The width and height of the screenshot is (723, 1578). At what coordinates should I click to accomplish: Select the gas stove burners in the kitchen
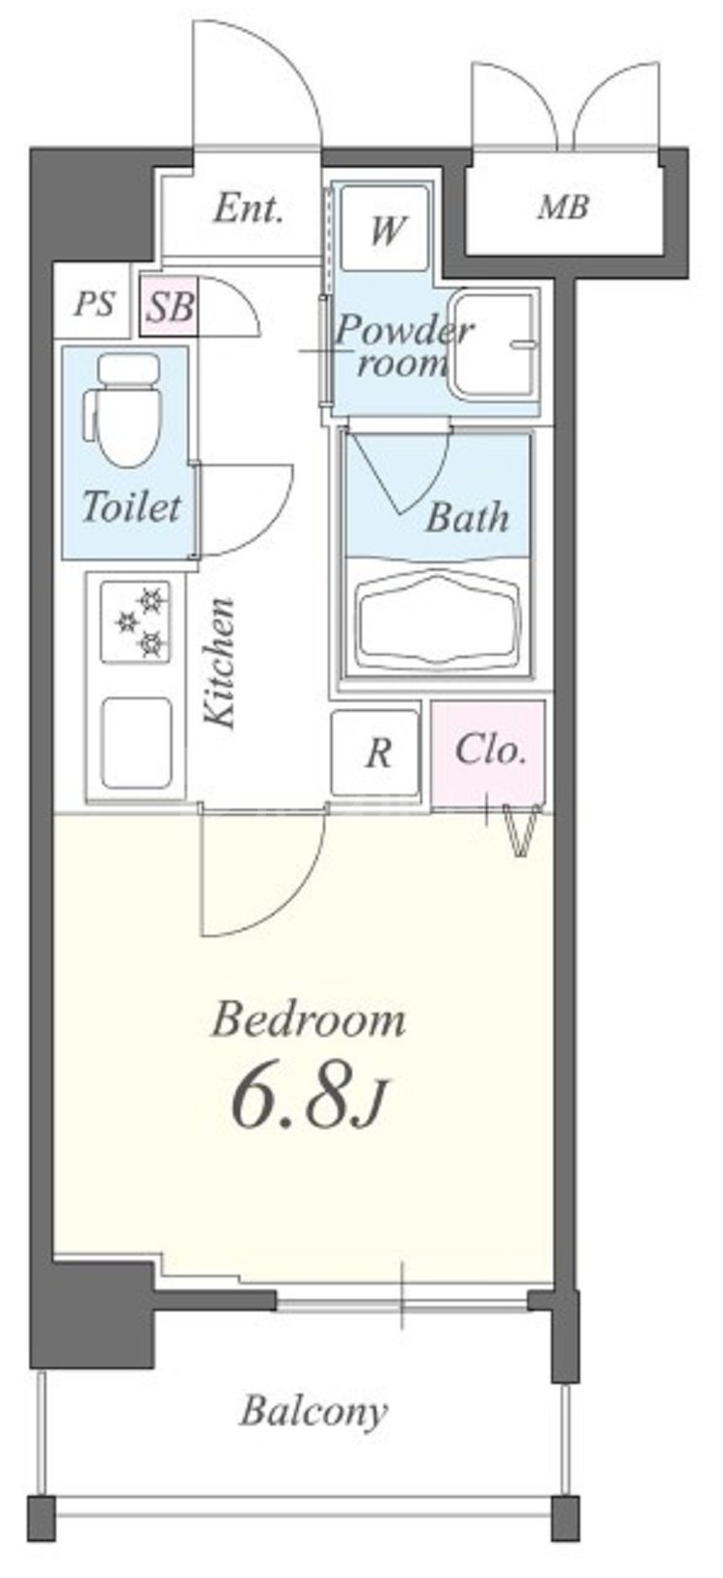pos(136,621)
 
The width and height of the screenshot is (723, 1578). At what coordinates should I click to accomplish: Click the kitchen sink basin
pos(136,743)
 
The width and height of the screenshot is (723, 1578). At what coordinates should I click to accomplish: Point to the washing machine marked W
pos(384,227)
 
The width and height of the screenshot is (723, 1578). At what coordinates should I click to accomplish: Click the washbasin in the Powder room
pos(494,344)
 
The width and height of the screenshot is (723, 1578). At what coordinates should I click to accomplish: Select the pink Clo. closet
pos(488,754)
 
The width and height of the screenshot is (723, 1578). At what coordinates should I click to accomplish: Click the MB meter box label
pos(563,207)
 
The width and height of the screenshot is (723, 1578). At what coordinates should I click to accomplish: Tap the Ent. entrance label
pos(249,209)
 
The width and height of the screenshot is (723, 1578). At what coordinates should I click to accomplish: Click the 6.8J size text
pos(307,1102)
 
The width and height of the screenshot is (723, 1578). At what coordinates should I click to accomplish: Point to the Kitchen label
pos(218,662)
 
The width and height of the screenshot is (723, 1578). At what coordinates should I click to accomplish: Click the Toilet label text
pos(132,506)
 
